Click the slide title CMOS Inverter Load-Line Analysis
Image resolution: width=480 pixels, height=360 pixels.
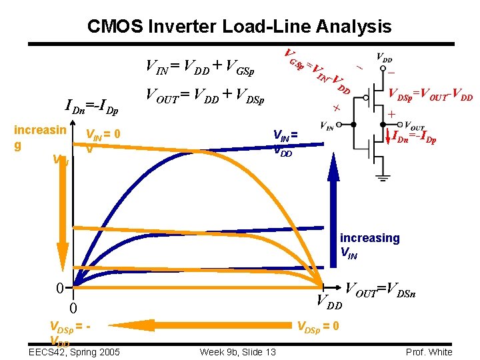click(x=239, y=27)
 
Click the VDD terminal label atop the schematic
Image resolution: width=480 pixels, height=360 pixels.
click(x=384, y=57)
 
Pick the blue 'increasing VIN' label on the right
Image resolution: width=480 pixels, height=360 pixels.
click(x=370, y=245)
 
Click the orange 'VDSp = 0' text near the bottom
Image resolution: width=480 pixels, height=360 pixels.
click(x=318, y=326)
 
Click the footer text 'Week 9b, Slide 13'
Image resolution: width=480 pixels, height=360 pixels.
click(x=237, y=352)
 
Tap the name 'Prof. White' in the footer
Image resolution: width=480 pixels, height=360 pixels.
click(x=429, y=352)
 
